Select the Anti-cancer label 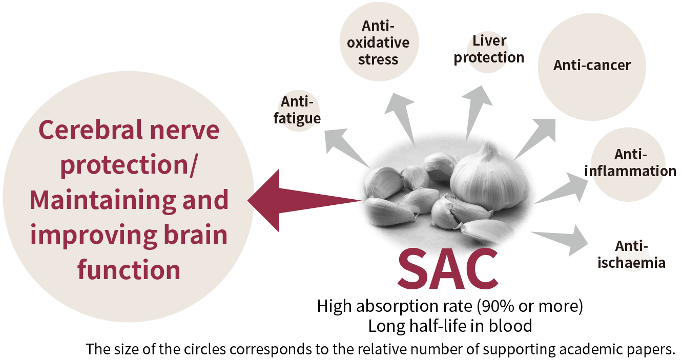[592, 66]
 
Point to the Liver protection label [489, 49]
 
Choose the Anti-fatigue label [297, 111]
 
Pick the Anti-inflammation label [630, 163]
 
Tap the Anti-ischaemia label [632, 255]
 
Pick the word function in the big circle [129, 269]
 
